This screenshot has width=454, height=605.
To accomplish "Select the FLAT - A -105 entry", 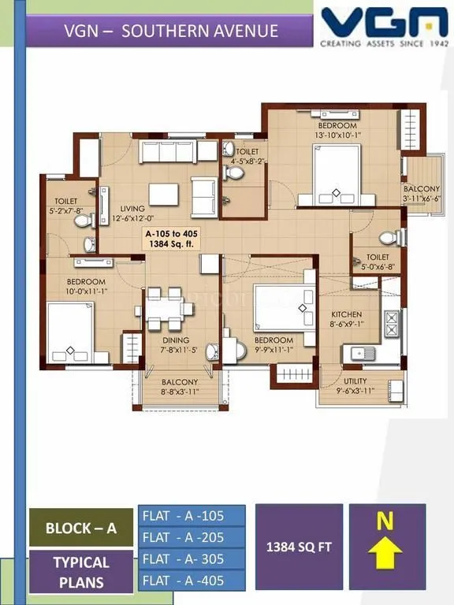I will pos(192,516).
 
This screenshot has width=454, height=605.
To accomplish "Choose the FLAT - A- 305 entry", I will pos(192,559).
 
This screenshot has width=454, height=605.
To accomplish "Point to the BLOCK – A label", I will pos(80,528).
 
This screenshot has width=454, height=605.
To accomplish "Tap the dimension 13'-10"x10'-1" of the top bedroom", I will pos(337,135).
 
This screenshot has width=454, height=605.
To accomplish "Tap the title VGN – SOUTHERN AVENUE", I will pos(171,31).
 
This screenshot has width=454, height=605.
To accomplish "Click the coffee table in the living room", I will pos(165,193).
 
